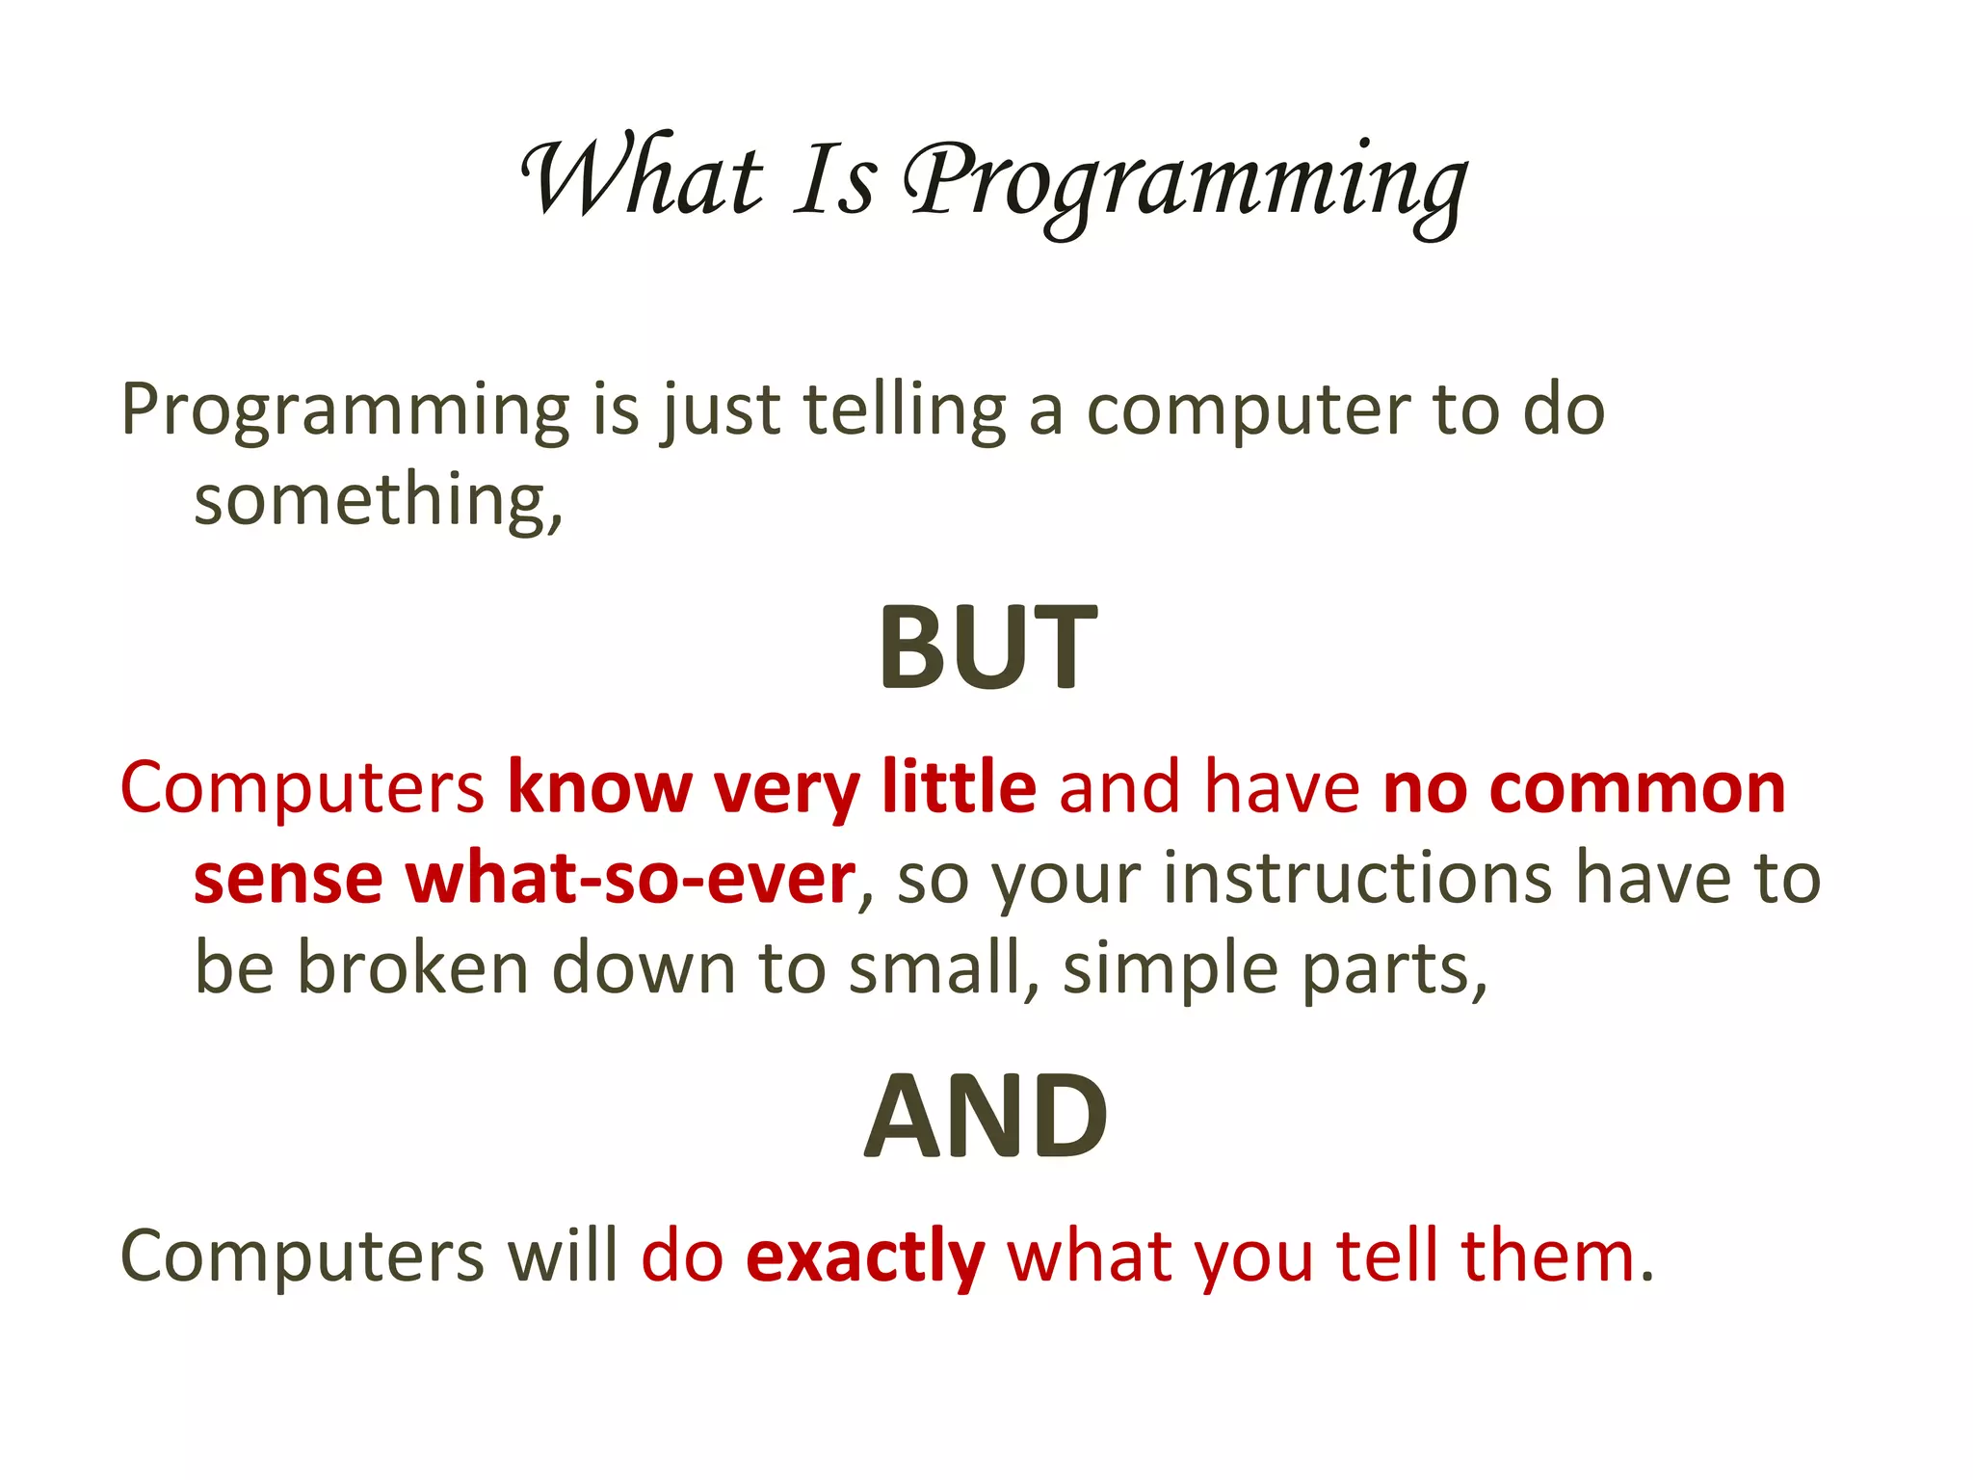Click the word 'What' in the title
[x=641, y=180]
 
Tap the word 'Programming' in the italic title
[x=1185, y=183]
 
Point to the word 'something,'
[x=378, y=501]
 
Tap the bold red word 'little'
[x=959, y=788]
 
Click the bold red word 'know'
[x=599, y=788]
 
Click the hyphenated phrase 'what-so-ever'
[x=630, y=879]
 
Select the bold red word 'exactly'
[x=865, y=1258]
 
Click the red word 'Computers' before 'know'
[x=303, y=788]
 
